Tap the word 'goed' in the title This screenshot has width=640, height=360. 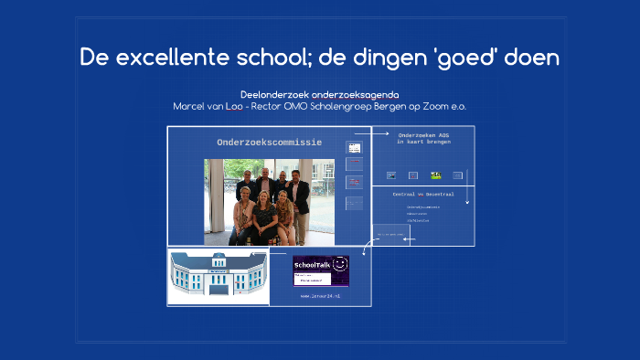[466, 58]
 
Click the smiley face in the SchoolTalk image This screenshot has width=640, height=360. [338, 265]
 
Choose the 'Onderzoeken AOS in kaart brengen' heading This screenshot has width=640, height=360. [422, 138]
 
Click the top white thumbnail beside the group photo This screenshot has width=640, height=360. [354, 147]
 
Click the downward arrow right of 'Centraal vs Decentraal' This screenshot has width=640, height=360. [466, 194]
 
